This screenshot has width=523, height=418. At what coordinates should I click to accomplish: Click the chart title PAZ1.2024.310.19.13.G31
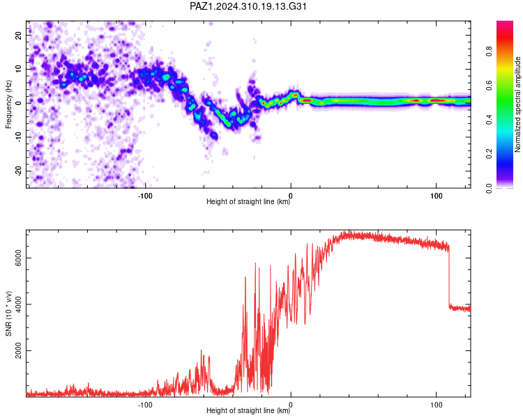click(x=248, y=6)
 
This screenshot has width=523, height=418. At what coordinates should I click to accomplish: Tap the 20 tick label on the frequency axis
click(x=18, y=35)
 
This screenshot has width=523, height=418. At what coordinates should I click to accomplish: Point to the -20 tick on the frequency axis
click(x=18, y=171)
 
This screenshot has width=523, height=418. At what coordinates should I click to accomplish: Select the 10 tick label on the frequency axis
click(x=18, y=69)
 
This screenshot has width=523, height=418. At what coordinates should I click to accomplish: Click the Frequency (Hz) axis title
click(x=8, y=104)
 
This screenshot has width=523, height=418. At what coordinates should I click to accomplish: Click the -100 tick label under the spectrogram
click(x=145, y=196)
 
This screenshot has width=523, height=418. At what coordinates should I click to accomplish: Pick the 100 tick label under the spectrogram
click(x=436, y=196)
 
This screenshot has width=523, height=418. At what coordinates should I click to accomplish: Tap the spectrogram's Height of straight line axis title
click(x=248, y=201)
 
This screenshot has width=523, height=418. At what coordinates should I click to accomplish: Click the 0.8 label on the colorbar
click(x=489, y=52)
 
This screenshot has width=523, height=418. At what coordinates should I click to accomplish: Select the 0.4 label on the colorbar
click(x=489, y=120)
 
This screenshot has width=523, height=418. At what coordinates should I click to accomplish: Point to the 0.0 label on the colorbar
click(x=489, y=188)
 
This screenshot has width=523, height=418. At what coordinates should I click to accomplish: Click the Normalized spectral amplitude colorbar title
click(x=517, y=104)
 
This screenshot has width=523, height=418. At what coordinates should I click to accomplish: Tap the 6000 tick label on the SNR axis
click(x=18, y=258)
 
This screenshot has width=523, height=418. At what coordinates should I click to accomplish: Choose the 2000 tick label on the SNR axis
click(x=18, y=350)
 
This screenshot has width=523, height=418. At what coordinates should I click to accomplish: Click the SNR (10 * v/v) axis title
click(x=8, y=313)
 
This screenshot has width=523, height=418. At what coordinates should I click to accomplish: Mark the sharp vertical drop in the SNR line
click(x=449, y=277)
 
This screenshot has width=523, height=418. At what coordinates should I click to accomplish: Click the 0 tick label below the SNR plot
click(x=291, y=405)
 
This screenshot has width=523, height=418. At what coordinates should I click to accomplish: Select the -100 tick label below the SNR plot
click(x=145, y=405)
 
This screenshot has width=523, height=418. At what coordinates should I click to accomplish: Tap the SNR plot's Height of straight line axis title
click(x=248, y=410)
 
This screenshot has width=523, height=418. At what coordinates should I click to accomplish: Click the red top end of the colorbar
click(x=505, y=24)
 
